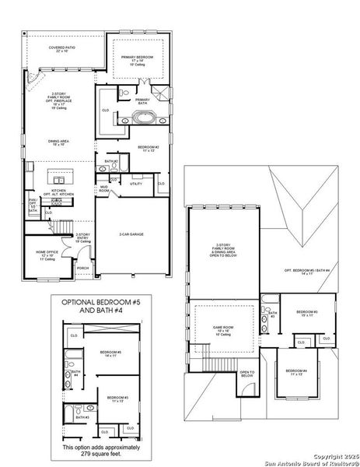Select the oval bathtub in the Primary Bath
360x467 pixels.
[142, 118]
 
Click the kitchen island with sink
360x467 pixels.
[60, 174]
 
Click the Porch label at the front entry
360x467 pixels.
[82, 268]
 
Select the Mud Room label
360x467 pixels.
[103, 188]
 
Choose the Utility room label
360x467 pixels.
[135, 184]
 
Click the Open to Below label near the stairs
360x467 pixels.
[247, 374]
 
